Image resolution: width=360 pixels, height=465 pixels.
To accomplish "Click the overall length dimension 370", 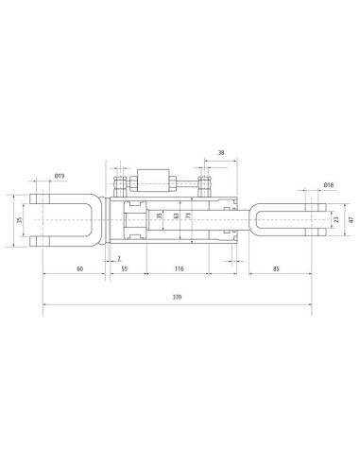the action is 177,297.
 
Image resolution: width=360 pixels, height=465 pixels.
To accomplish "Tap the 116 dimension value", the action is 179,268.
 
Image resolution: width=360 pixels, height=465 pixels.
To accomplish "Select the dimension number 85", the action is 276,268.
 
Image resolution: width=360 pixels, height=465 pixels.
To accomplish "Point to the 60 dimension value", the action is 80,268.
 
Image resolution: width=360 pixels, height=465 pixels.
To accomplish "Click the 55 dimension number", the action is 125,268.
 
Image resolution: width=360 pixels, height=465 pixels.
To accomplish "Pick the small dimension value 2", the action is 119,258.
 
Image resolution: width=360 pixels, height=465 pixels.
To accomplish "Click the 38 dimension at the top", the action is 221,153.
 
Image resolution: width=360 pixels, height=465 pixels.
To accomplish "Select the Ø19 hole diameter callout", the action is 60,176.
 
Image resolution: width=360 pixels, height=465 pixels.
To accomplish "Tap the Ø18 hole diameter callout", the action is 328,184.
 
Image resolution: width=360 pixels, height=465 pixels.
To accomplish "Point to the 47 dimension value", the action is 351,219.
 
